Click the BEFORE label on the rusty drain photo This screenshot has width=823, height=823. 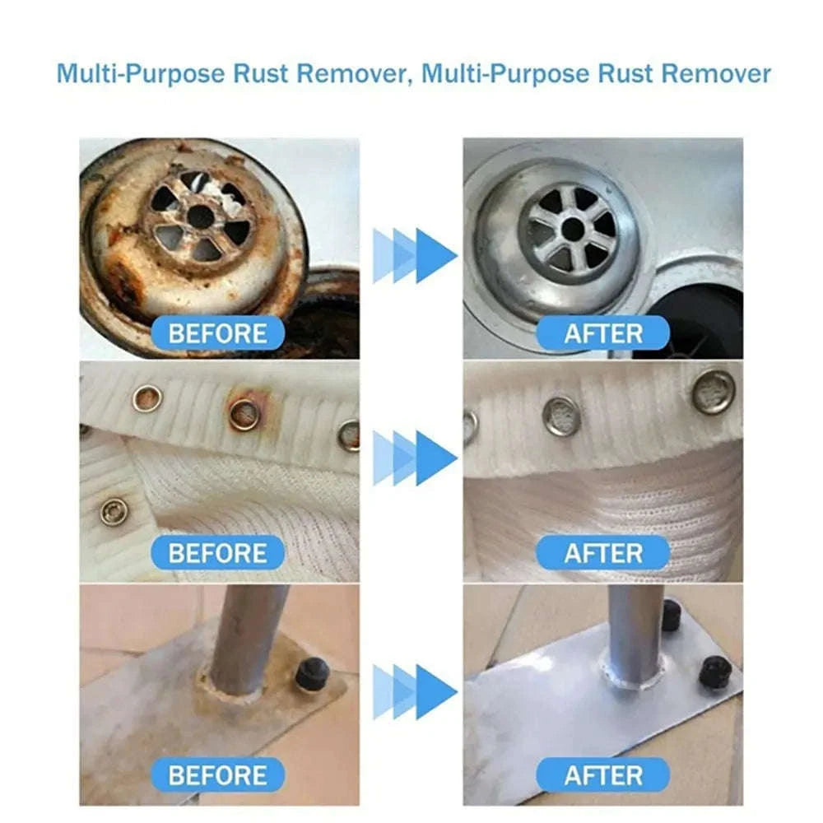(x=217, y=334)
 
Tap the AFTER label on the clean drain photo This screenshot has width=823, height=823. (x=602, y=334)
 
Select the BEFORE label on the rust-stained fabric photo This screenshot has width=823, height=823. (x=217, y=553)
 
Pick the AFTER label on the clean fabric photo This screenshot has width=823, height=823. (x=602, y=553)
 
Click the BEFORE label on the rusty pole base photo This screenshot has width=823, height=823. (x=217, y=774)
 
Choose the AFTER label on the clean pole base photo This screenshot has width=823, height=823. (x=602, y=774)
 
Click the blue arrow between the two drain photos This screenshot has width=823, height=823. (x=414, y=256)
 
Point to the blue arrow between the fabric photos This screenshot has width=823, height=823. (x=414, y=458)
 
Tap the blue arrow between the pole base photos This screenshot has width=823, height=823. (x=414, y=691)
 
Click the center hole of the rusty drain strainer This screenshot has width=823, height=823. (x=200, y=216)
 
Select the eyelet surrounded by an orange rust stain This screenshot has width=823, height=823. (x=244, y=414)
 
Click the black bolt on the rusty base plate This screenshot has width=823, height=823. (x=312, y=674)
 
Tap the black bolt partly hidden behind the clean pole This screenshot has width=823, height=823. (x=672, y=615)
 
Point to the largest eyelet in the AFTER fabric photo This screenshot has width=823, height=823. (x=713, y=391)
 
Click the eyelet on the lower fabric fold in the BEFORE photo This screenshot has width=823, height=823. (x=114, y=511)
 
